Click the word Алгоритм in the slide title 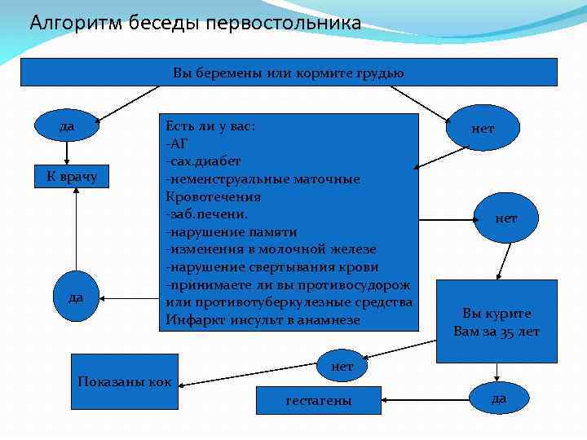click(x=67, y=23)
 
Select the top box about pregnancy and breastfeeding click(x=289, y=73)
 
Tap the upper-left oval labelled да click(x=68, y=127)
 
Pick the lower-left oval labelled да click(x=75, y=297)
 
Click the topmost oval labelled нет click(x=483, y=129)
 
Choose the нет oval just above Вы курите click(x=505, y=218)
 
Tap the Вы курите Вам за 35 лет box click(x=497, y=322)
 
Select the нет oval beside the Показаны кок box click(x=342, y=367)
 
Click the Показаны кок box click(x=124, y=381)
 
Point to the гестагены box click(x=319, y=401)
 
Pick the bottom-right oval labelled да click(x=499, y=398)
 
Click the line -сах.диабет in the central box click(x=203, y=161)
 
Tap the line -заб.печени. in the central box click(x=207, y=213)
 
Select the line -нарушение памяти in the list click(x=232, y=231)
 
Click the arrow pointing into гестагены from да click(x=424, y=400)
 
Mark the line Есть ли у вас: click(x=210, y=125)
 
